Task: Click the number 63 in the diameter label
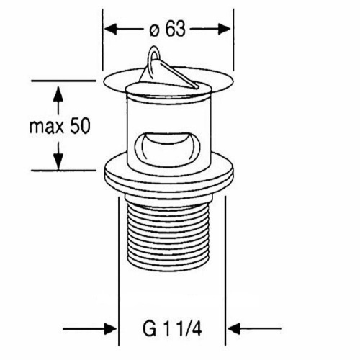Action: point(176,29)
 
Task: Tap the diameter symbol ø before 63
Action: point(154,30)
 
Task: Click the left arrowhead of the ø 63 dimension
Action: point(111,30)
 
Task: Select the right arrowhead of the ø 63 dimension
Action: point(224,30)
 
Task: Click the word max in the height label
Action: point(47,127)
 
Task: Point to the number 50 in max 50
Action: point(80,126)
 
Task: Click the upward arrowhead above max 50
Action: point(58,95)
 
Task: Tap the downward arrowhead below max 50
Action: point(58,160)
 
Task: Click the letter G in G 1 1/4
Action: point(149,329)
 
